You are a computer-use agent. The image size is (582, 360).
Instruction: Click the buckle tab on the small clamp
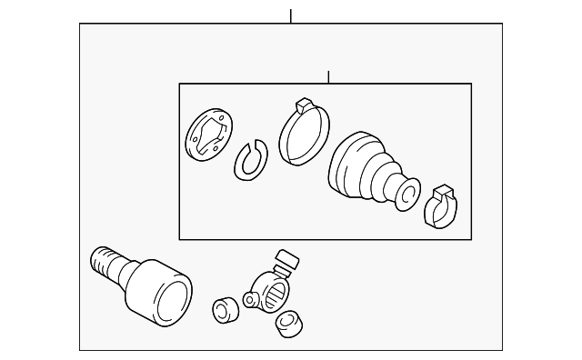coord(445,192)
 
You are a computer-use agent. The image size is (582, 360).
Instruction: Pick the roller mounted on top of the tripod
coord(286,261)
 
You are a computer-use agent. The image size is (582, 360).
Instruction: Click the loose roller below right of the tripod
coord(288,321)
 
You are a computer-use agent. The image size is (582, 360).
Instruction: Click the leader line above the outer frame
coord(290,15)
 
